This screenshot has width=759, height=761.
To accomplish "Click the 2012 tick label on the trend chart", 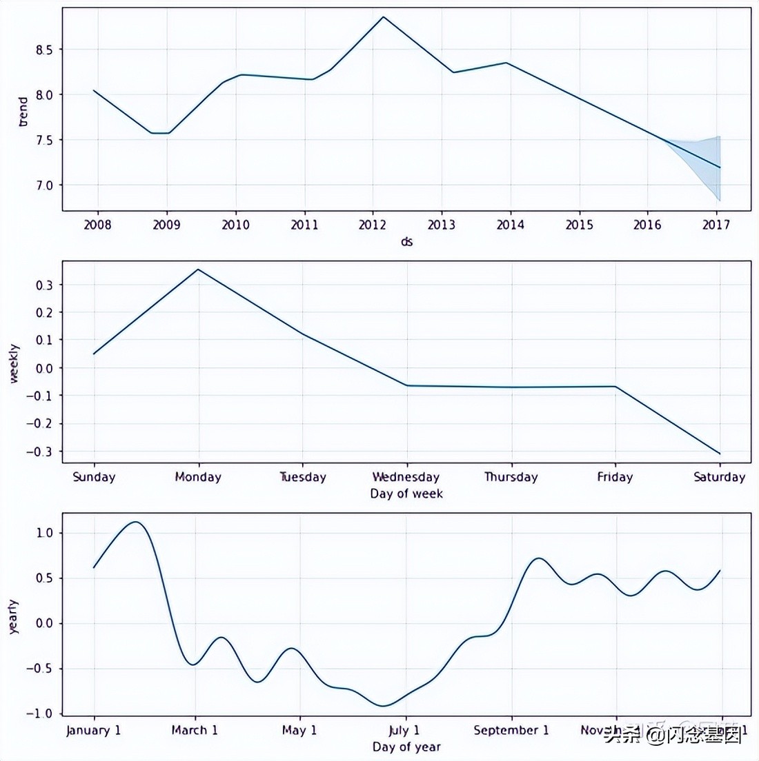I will pyautogui.click(x=373, y=225).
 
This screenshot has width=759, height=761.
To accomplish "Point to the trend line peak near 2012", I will pyautogui.click(x=383, y=17).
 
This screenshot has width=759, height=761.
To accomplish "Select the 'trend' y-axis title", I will pyautogui.click(x=23, y=112).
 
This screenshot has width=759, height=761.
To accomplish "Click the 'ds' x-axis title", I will pyautogui.click(x=406, y=242).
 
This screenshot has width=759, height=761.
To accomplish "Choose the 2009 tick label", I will pyautogui.click(x=166, y=225).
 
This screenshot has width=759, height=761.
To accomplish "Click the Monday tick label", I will pyautogui.click(x=198, y=477).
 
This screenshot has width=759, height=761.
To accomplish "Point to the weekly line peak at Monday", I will pyautogui.click(x=199, y=270).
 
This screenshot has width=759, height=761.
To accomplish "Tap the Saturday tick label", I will pyautogui.click(x=719, y=477).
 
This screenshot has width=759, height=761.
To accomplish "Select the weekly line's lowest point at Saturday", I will pyautogui.click(x=720, y=454).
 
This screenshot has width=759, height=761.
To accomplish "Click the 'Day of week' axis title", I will pyautogui.click(x=406, y=494).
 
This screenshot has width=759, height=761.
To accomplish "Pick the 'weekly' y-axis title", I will pyautogui.click(x=14, y=364).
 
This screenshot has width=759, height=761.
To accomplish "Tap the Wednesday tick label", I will pyautogui.click(x=406, y=477).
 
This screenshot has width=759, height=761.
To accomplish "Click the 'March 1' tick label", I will pyautogui.click(x=195, y=730).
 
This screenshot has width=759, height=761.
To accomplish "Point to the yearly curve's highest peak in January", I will pyautogui.click(x=135, y=522).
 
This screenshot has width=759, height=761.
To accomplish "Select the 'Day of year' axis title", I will pyautogui.click(x=406, y=747).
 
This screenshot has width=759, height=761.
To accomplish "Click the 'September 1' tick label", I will pyautogui.click(x=511, y=730).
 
